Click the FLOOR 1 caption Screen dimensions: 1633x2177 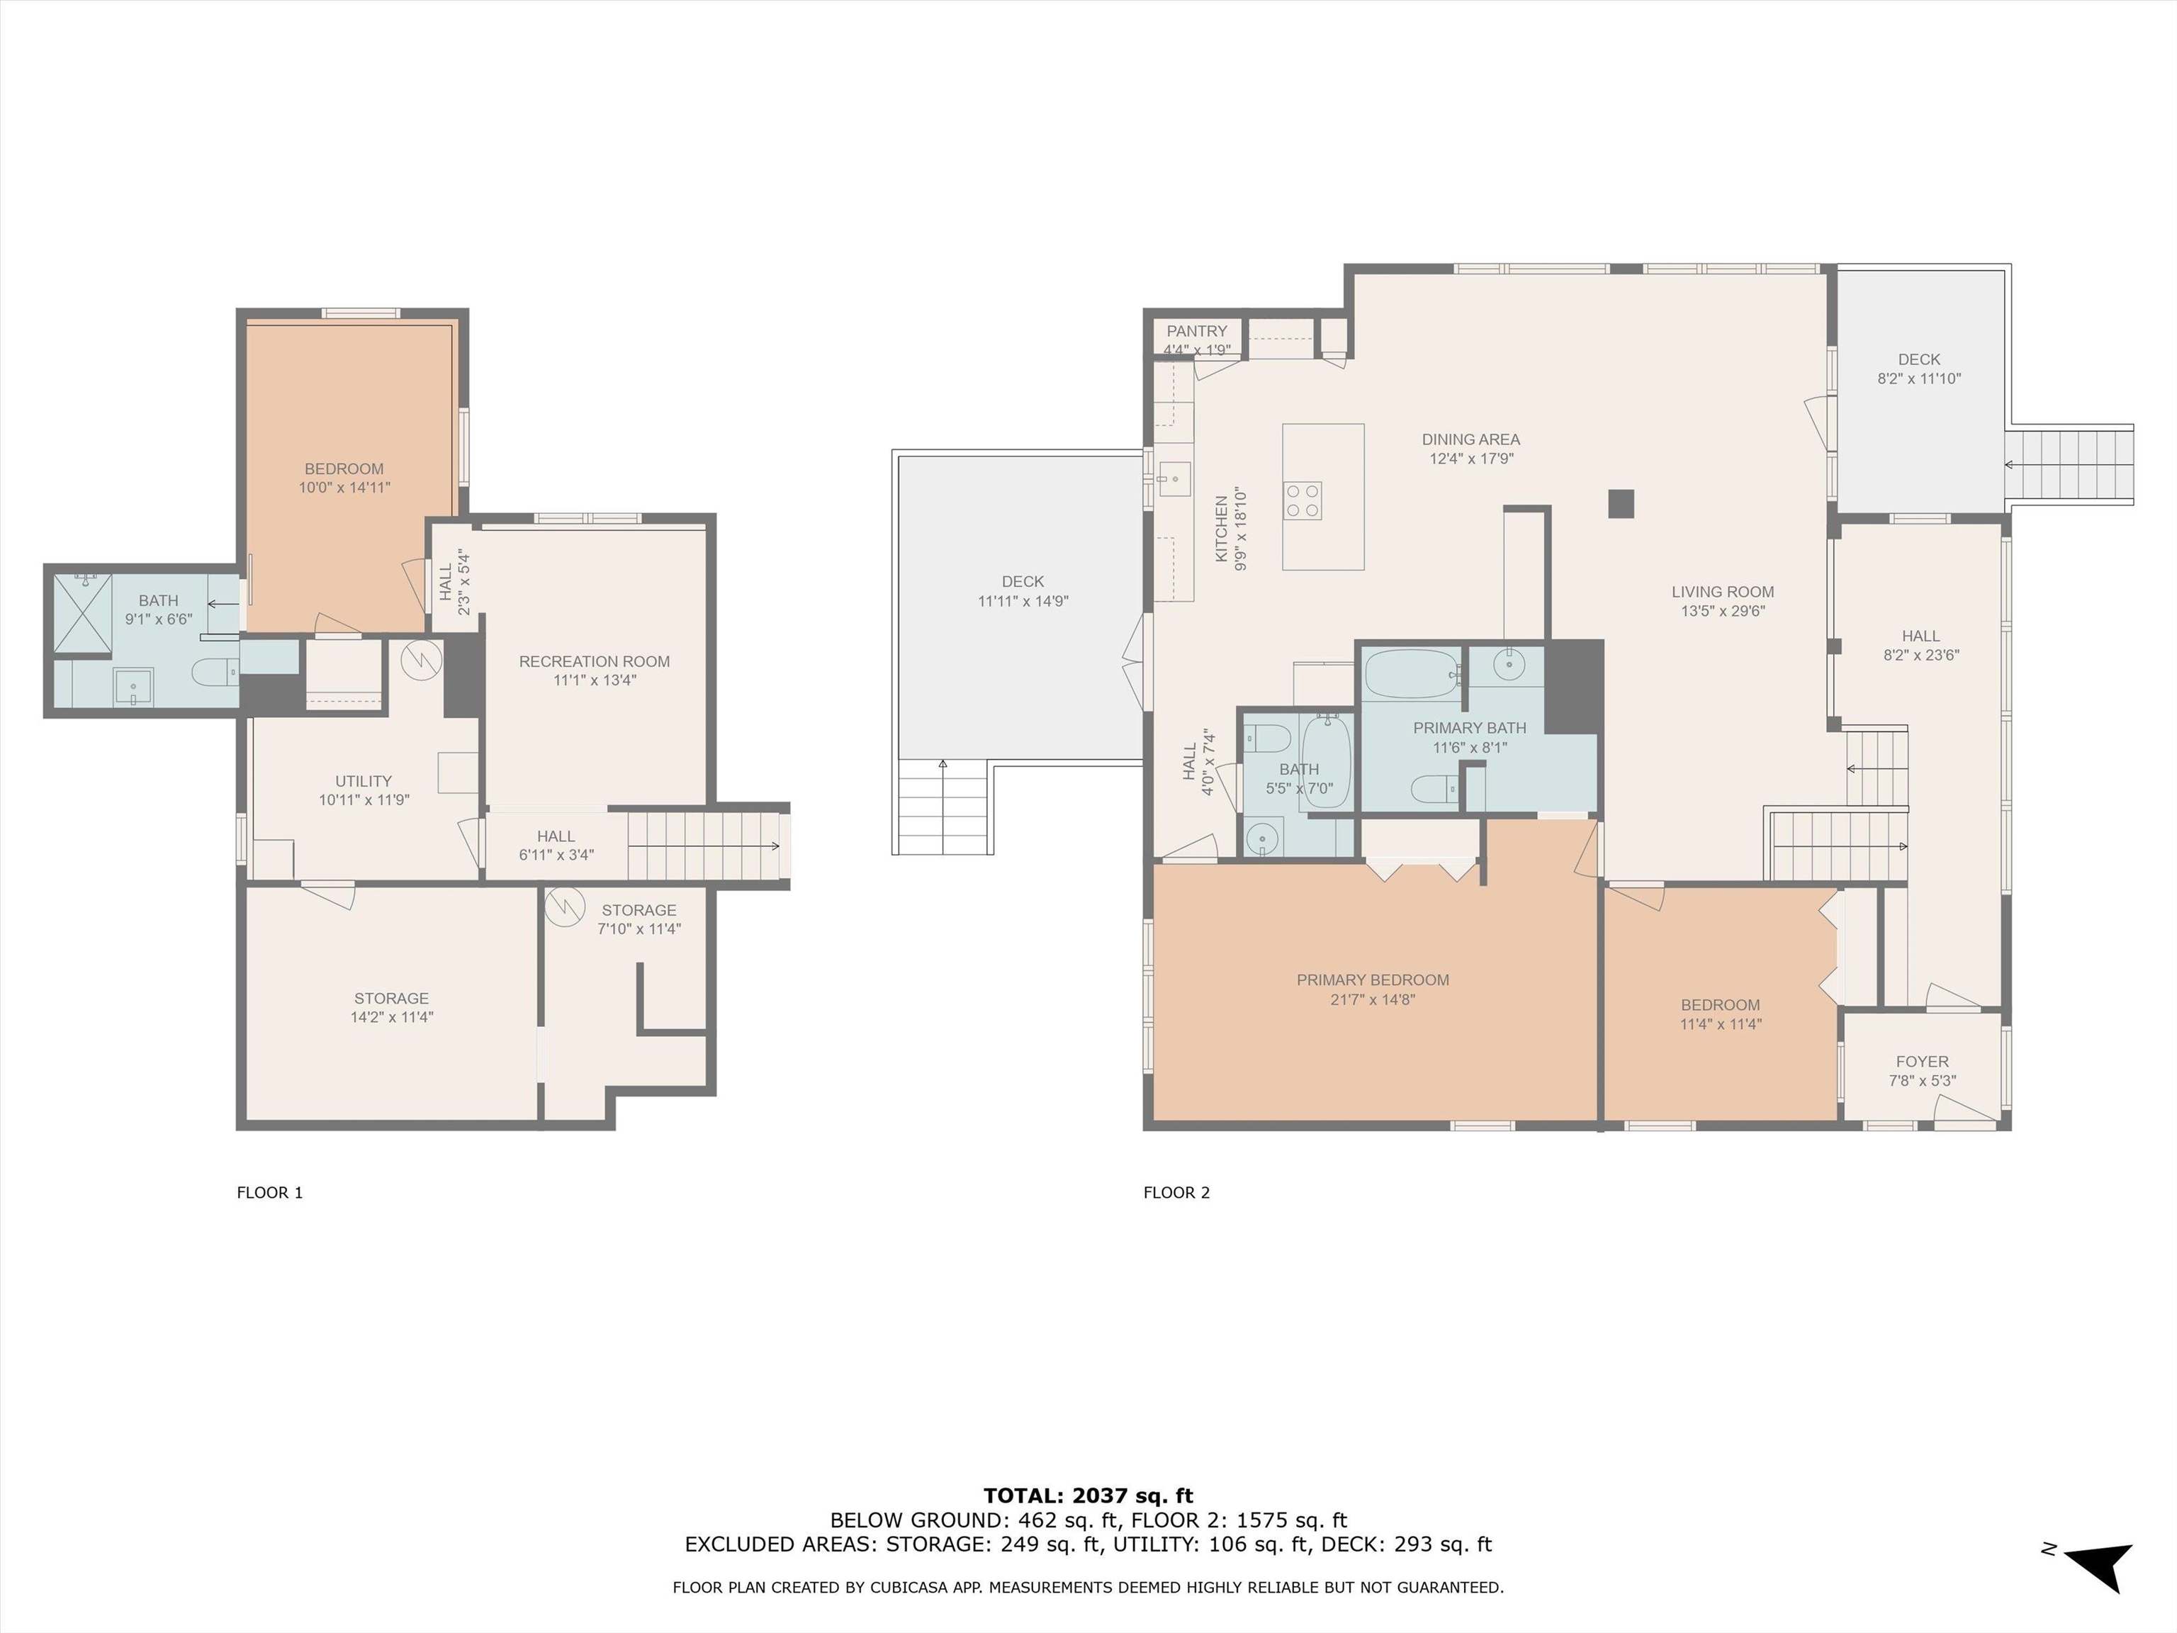tap(270, 1192)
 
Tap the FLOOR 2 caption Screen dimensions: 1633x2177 tap(1176, 1192)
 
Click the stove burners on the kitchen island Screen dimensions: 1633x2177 tap(1302, 500)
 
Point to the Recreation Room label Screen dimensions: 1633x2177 tap(595, 661)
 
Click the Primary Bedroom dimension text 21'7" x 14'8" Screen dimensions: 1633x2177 tap(1372, 999)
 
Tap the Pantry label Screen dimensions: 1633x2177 tap(1197, 332)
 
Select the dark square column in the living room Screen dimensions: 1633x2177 tap(1621, 504)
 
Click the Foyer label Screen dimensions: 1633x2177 tap(1921, 1061)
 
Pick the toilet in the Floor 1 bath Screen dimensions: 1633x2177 tap(213, 673)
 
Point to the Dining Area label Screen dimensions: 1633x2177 tap(1470, 439)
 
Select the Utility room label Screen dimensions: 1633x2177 tap(363, 780)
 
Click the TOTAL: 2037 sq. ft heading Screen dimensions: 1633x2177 tap(1088, 1495)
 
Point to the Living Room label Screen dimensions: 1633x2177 tap(1722, 592)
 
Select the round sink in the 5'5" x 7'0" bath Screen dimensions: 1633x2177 tap(1261, 838)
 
